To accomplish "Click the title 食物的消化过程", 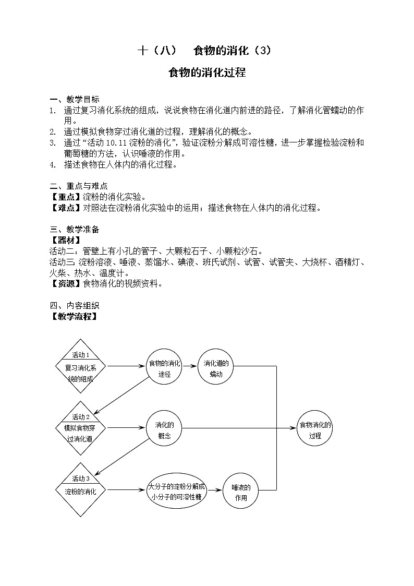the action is pos(207,73).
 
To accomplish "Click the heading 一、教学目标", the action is pos(75,100).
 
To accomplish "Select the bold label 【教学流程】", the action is pos(75,316).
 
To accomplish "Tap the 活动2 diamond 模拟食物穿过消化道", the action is pos(80,427).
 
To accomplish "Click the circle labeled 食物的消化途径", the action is pos(164,366).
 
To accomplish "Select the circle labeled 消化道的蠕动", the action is pos(216,366).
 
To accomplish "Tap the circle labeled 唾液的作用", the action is pos(240,491).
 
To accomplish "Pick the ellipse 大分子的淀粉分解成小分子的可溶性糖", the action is pos(177,491).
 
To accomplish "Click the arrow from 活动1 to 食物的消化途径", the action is pos(127,366).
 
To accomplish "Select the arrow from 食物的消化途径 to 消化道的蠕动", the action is pos(190,366).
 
